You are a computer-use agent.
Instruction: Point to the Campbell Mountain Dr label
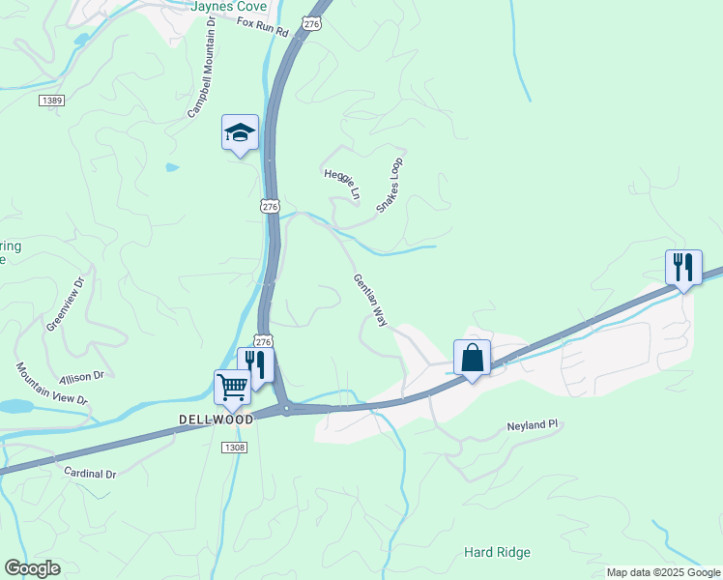pos(201,67)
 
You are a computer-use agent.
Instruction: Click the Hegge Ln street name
pos(341,182)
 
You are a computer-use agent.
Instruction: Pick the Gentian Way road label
pos(370,300)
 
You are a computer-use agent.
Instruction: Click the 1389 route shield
pos(52,101)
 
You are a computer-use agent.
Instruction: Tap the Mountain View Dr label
pos(51,384)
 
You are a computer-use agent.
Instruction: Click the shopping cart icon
pos(232,388)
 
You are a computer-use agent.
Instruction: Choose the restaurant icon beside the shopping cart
pos(256,364)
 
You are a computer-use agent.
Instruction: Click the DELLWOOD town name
pos(216,420)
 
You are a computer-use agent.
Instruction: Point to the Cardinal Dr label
pos(90,475)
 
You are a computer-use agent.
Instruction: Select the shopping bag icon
pos(472,358)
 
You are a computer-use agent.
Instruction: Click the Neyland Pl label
pos(533,425)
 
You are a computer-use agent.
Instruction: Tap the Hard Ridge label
pos(497,552)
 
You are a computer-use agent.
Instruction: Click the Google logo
pos(32,568)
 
